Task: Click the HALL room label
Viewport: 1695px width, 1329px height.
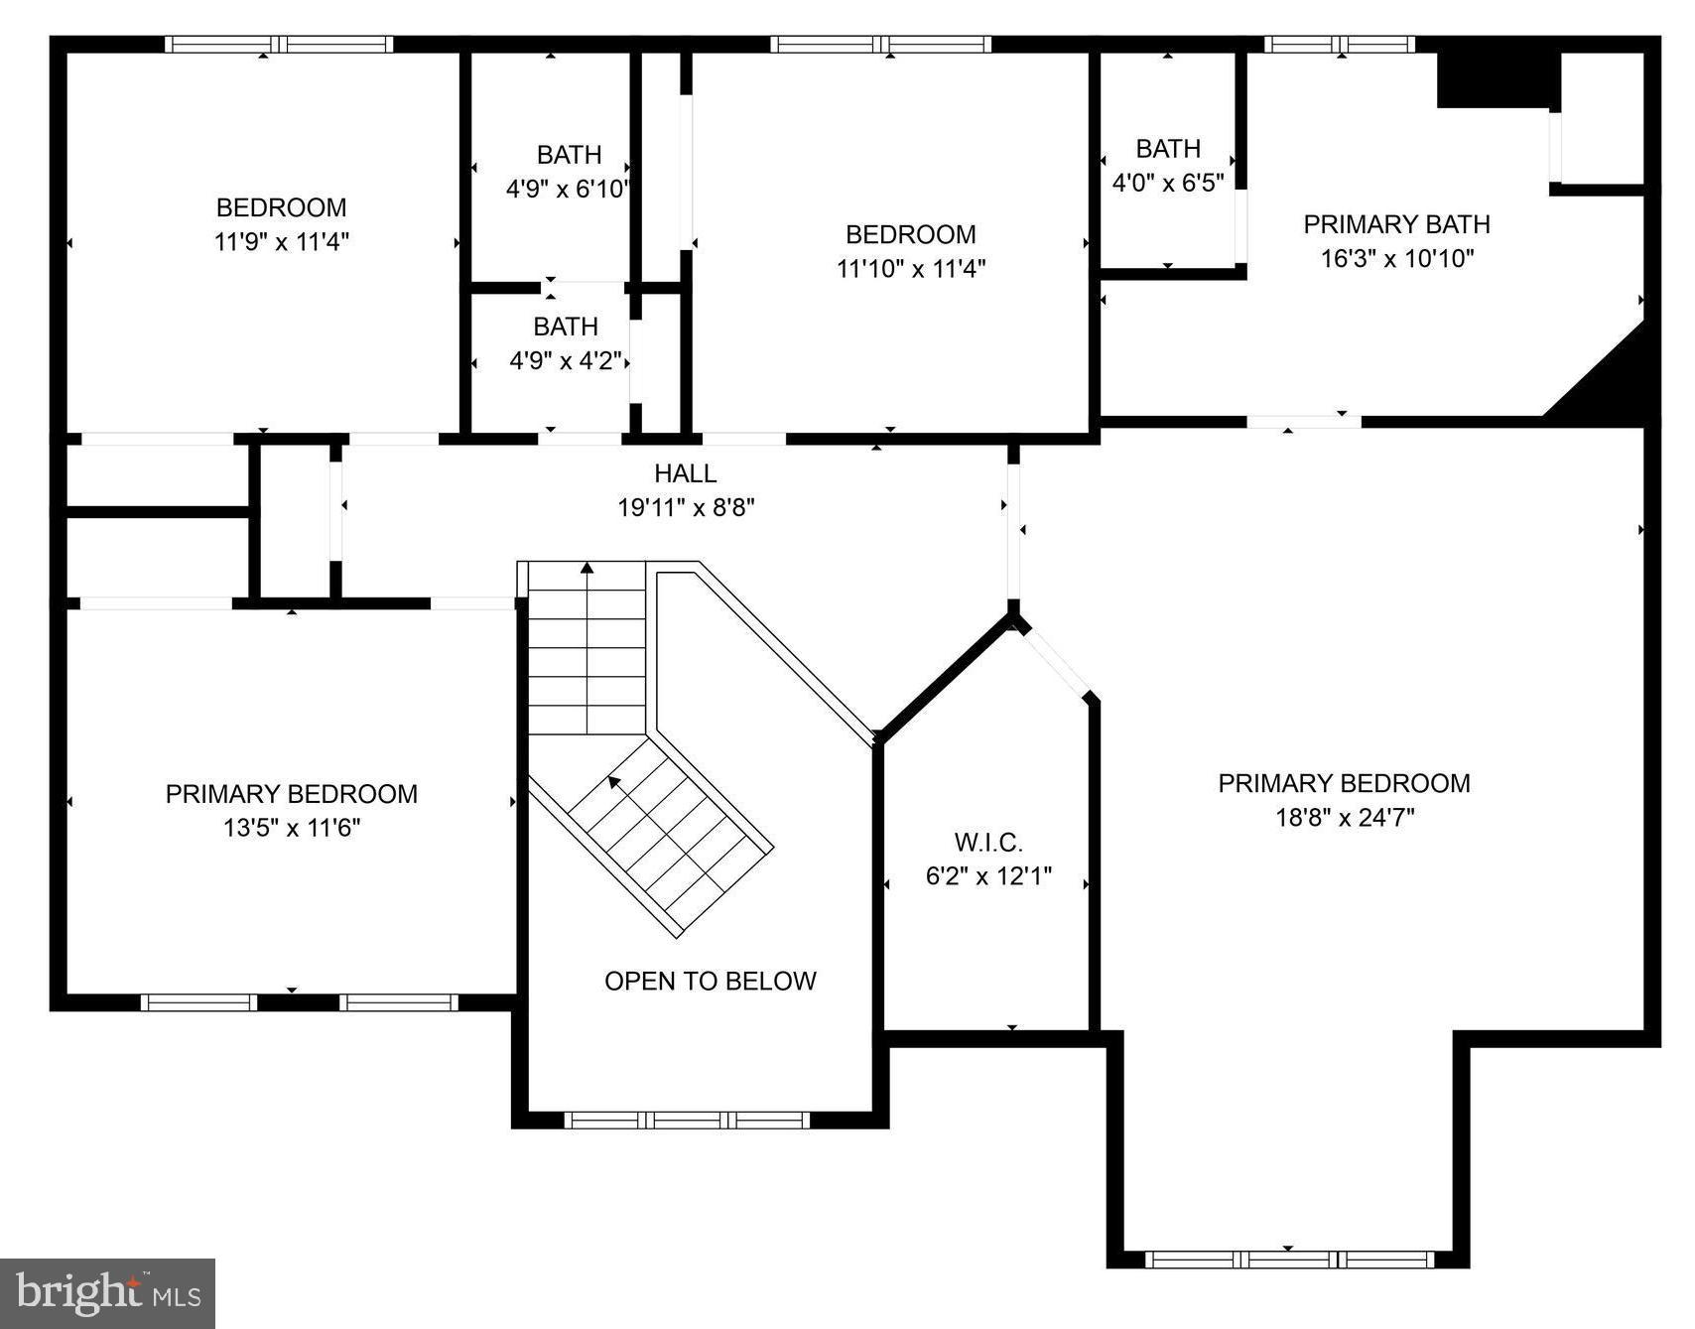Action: (685, 473)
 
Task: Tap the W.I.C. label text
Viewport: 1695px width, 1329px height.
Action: (988, 843)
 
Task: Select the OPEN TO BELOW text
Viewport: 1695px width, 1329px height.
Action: (710, 981)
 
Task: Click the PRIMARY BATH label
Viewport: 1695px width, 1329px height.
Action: (1396, 224)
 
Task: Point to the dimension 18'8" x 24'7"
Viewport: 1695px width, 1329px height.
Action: (1344, 818)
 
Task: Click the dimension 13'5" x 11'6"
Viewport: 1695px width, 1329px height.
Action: (291, 828)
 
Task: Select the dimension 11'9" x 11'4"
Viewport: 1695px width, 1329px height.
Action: (281, 241)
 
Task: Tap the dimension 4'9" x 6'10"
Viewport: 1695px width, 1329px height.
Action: (568, 189)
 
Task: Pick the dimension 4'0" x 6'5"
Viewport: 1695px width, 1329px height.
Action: (1167, 183)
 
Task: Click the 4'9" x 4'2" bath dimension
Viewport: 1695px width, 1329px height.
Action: (566, 360)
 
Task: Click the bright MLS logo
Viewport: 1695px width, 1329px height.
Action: (107, 1293)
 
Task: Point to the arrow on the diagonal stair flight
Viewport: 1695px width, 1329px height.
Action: (614, 782)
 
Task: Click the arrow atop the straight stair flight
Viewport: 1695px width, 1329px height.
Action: (587, 569)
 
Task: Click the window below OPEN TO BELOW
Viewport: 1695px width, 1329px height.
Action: (687, 1120)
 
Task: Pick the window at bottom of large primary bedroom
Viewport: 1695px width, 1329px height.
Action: (1288, 1259)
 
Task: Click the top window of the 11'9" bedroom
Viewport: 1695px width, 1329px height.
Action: (279, 44)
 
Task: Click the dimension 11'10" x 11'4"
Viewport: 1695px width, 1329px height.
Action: (910, 268)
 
